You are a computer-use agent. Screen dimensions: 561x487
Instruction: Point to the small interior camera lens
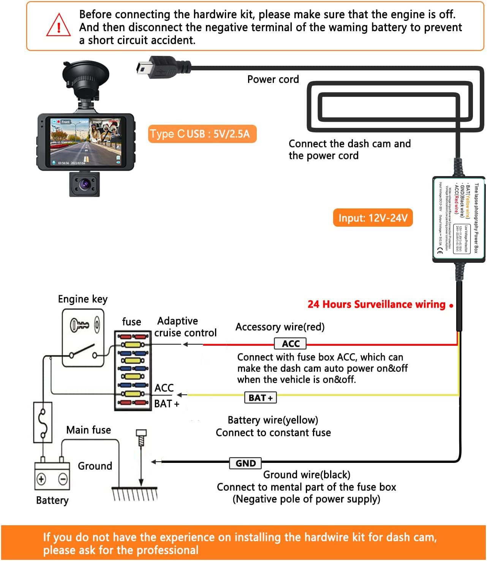pos(84,184)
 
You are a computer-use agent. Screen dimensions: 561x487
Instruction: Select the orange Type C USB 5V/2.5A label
pos(202,134)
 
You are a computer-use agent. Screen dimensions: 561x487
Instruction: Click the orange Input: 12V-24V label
pos(373,218)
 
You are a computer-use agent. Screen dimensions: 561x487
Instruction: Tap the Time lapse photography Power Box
pos(459,219)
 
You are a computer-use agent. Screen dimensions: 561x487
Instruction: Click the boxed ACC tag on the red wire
pos(290,344)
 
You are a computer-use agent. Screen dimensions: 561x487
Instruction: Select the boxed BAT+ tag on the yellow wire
pos(261,398)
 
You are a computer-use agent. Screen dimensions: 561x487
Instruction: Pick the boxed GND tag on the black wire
pos(245,463)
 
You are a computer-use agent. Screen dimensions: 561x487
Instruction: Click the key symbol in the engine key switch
pos(80,325)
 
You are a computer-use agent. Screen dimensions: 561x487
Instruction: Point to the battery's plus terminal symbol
pos(41,479)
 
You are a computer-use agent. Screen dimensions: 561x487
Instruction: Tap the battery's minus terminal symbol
pos(63,479)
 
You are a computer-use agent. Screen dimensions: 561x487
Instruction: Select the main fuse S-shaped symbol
pos(43,422)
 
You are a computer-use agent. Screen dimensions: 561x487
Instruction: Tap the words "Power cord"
pos(273,79)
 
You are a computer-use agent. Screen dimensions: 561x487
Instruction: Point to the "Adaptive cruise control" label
pos(185,327)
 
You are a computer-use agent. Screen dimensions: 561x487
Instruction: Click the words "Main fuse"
pos(89,430)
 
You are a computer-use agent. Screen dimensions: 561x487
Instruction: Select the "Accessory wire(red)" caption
pos(280,327)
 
